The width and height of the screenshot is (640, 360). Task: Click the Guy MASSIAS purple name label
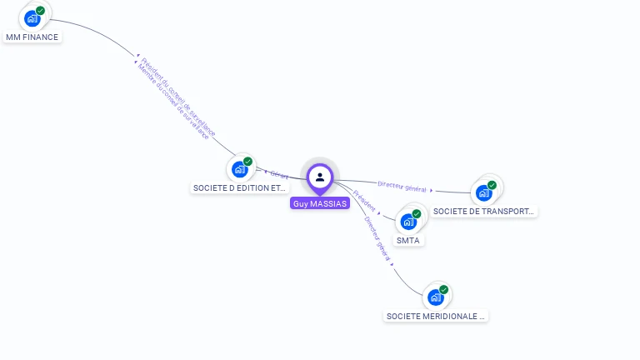click(320, 203)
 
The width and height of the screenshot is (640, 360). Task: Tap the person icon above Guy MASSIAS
click(320, 177)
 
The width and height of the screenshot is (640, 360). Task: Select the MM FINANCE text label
click(32, 37)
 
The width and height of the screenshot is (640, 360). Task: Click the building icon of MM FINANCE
click(32, 18)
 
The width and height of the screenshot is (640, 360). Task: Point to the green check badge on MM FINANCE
click(40, 11)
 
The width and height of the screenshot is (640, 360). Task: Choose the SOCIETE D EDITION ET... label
click(240, 188)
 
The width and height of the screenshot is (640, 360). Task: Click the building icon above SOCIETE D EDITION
click(240, 169)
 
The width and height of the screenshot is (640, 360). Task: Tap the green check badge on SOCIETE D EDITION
click(247, 162)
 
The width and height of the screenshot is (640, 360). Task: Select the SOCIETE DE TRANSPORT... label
click(484, 212)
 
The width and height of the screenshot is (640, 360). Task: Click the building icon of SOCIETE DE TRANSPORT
click(483, 193)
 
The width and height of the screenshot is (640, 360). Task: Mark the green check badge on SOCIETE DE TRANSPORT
click(492, 185)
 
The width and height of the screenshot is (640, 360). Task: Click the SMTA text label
click(408, 241)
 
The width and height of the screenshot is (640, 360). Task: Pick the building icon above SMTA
click(408, 222)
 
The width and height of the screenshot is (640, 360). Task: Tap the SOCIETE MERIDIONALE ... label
click(436, 317)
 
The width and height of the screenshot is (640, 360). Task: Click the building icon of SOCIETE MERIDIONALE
click(435, 297)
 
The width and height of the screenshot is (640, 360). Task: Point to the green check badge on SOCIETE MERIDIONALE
click(443, 290)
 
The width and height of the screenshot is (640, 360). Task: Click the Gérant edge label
click(279, 175)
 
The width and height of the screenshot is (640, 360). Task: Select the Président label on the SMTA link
click(364, 200)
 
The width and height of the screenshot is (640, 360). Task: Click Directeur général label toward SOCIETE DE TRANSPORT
click(402, 187)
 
